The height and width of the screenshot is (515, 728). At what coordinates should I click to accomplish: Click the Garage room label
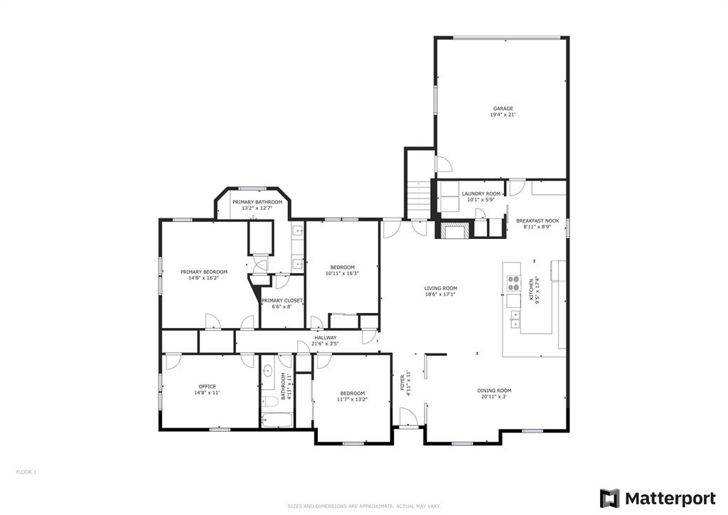click(x=503, y=109)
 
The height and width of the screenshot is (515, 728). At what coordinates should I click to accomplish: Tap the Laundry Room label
click(x=481, y=193)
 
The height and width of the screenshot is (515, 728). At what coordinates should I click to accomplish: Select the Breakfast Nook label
click(x=537, y=221)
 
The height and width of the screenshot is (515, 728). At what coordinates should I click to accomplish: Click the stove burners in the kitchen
click(x=513, y=283)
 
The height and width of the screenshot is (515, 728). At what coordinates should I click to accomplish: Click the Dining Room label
click(x=494, y=391)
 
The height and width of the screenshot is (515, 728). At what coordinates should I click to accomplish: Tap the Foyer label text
click(x=402, y=383)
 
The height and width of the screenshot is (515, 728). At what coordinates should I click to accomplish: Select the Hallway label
click(x=325, y=338)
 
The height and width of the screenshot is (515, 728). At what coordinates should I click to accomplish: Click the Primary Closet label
click(x=282, y=300)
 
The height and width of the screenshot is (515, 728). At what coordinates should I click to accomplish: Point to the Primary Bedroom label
click(x=204, y=272)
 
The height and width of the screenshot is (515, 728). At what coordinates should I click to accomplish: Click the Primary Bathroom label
click(x=257, y=202)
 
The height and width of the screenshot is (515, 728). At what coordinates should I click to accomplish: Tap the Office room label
click(x=207, y=386)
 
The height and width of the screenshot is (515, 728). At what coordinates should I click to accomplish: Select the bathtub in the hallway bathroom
click(x=277, y=420)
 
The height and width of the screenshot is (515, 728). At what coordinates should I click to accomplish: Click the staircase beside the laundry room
click(x=419, y=199)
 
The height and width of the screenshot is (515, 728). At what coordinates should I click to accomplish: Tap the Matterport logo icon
click(x=609, y=498)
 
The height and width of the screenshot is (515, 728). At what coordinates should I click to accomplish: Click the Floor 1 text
click(x=26, y=472)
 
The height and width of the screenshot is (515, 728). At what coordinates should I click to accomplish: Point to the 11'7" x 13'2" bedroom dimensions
click(x=352, y=399)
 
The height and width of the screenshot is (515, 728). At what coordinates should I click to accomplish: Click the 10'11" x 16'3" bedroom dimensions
click(x=342, y=274)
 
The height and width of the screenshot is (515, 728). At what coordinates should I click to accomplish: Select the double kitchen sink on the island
click(x=515, y=319)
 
